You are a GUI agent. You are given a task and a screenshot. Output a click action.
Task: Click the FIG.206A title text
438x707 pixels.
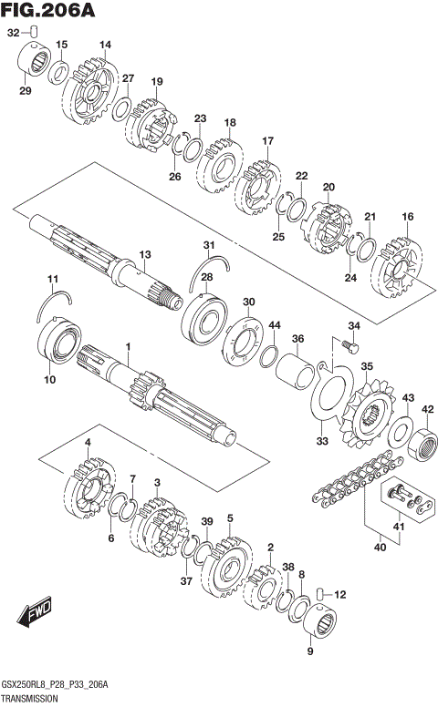(x=47, y=10)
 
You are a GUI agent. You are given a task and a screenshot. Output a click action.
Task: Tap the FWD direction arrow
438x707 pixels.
(x=35, y=611)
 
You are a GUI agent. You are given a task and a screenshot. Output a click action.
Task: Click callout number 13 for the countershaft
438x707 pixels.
(x=145, y=255)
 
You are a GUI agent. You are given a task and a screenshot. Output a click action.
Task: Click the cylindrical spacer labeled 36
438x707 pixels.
(x=296, y=370)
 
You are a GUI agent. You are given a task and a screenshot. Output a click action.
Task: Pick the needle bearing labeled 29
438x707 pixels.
(x=34, y=62)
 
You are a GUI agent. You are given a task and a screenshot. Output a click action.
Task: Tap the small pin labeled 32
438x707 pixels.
(x=35, y=32)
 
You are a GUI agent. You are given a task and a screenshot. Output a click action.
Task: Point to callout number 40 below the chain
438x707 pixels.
(x=381, y=547)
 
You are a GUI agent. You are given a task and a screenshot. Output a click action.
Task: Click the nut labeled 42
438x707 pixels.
(x=422, y=444)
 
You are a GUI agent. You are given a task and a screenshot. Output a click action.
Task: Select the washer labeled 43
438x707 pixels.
(x=400, y=431)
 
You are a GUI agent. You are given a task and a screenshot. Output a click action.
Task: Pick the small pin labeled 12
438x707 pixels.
(x=319, y=594)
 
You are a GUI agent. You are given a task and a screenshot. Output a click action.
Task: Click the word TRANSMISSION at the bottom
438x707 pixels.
(x=29, y=699)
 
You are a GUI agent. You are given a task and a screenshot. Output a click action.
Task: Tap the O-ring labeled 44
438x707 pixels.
(x=268, y=356)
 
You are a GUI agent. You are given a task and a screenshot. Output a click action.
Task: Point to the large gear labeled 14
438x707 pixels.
(x=90, y=91)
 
